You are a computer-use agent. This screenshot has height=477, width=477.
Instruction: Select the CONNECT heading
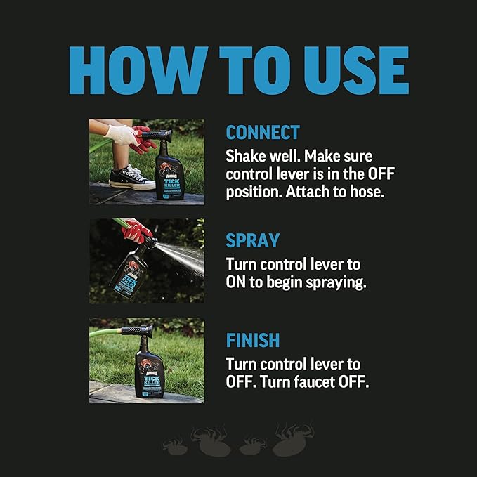(263, 133)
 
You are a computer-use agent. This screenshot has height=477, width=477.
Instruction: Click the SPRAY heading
(251, 241)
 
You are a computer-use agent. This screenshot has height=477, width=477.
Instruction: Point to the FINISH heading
(252, 341)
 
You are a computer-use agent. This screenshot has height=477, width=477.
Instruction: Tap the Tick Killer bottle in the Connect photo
(169, 173)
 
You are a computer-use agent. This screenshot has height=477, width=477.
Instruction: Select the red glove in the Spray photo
(137, 230)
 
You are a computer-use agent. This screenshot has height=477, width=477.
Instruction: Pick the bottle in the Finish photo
(150, 369)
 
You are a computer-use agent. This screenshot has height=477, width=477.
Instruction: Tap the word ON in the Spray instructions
(235, 282)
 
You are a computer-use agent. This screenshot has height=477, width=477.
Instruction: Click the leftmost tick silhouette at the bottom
(174, 445)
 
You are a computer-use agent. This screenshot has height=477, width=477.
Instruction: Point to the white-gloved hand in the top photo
(122, 134)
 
